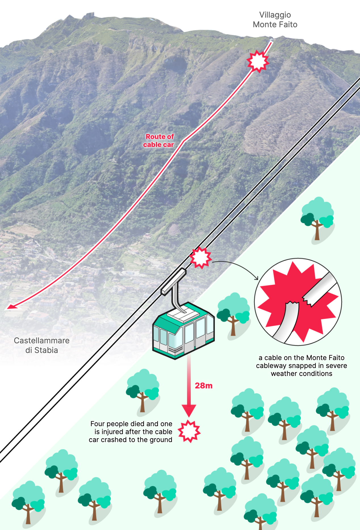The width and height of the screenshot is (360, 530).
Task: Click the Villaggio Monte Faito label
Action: pos(275,20)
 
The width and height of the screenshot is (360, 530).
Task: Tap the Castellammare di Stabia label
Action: pos(42,345)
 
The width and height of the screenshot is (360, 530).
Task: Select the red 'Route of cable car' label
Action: pos(159,141)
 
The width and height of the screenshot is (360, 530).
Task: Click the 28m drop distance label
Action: pos(204,386)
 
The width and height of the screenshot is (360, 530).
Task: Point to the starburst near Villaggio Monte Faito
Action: pos(258,61)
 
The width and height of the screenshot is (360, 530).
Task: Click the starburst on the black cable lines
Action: pos(200,258)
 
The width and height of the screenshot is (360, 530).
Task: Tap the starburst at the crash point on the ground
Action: pos(189,431)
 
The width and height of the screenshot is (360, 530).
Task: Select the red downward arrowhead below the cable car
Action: pos(189,411)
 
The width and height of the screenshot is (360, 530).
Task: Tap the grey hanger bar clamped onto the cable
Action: pos(173,281)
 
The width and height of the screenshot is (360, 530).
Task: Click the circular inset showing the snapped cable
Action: pos(298,302)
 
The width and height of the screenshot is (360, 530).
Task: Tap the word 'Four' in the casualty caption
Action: pos(97,424)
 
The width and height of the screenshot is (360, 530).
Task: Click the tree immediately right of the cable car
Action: pos(233,314)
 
